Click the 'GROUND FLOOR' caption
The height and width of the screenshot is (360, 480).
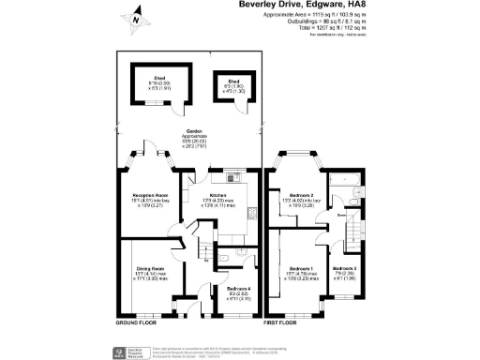[135, 322]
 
